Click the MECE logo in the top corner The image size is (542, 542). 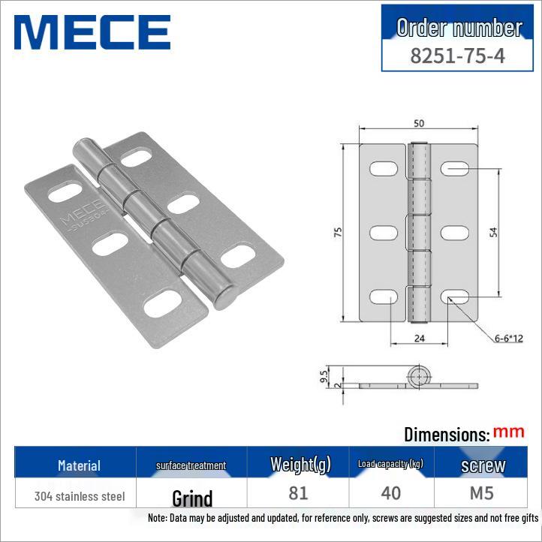tap(92, 32)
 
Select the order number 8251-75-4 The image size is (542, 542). tap(458, 56)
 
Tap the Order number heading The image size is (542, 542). tap(459, 28)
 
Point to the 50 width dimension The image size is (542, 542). tap(418, 122)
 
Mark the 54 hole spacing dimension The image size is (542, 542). tap(493, 233)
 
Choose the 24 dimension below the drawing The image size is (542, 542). tap(420, 339)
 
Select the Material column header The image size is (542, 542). tap(79, 465)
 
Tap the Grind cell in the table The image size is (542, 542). tap(192, 498)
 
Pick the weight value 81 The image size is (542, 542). tap(298, 493)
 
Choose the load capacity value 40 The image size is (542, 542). tap(391, 493)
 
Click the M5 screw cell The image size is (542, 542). tap(483, 493)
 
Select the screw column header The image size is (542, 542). tap(483, 465)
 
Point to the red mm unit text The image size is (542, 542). tap(509, 432)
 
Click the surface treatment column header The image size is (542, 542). tap(191, 465)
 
